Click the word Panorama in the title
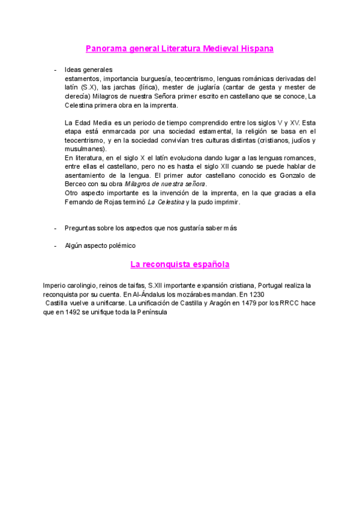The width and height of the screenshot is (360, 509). [x=104, y=49]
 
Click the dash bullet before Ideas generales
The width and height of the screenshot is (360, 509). [x=56, y=70]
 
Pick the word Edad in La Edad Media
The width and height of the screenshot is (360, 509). [x=83, y=122]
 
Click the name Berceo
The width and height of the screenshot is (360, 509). [x=76, y=184]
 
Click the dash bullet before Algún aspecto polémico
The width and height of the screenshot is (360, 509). [x=56, y=245]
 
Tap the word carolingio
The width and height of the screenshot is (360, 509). [x=82, y=286]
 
